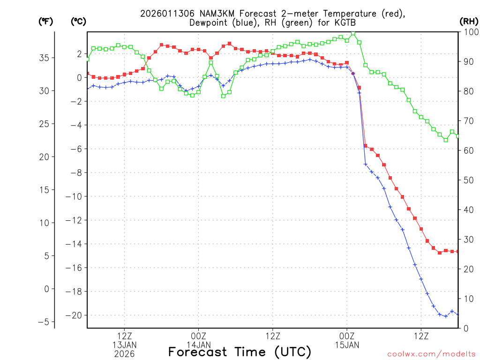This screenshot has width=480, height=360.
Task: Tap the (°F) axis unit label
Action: [x=46, y=21]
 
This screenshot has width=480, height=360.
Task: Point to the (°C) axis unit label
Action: [x=78, y=21]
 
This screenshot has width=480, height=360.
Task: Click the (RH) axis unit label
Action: [x=468, y=21]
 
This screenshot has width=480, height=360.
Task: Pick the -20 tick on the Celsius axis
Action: [x=76, y=315]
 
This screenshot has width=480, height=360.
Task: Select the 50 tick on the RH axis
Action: [x=467, y=180]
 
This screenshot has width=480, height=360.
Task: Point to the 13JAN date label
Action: [x=124, y=345]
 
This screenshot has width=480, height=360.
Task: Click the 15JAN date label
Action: [x=347, y=345]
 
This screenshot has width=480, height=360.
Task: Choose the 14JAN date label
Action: [x=198, y=345]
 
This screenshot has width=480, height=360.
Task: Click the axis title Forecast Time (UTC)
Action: [x=240, y=352]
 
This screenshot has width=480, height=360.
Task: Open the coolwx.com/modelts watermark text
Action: [x=431, y=353]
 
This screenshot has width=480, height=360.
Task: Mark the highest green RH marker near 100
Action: [x=353, y=33]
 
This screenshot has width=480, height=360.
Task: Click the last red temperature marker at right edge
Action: [x=457, y=252]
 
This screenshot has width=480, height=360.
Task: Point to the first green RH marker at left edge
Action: [x=88, y=59]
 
